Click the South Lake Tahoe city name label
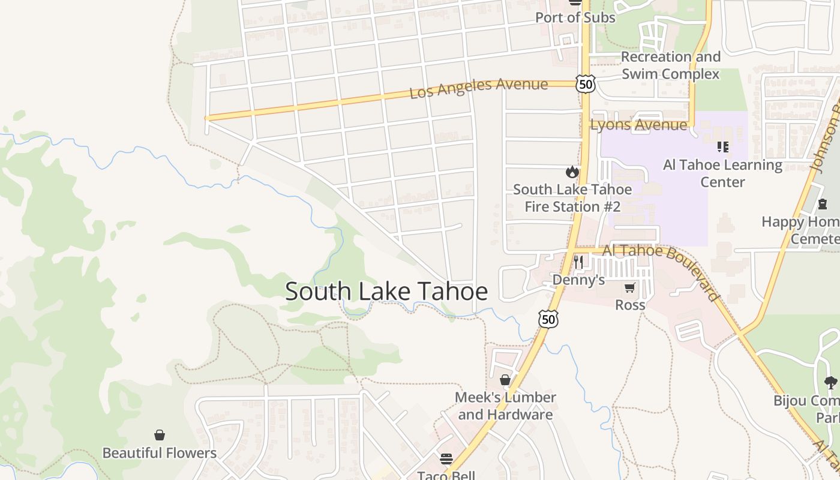[x=386, y=292]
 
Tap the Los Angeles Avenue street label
[x=478, y=88]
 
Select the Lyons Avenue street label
[x=638, y=125]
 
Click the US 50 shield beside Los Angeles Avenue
[x=586, y=84]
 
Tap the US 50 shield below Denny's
[x=548, y=319]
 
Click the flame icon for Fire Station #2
[x=572, y=172]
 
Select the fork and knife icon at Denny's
[x=578, y=262]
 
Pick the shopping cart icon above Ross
[x=629, y=288]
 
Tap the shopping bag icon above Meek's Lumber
[x=505, y=380]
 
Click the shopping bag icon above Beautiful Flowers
[x=160, y=435]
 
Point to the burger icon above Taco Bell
[x=446, y=460]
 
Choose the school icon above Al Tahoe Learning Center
[x=722, y=147]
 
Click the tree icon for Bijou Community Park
[x=830, y=382]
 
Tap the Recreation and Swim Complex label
[x=670, y=65]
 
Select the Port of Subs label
[x=575, y=17]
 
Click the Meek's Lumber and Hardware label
[x=505, y=406]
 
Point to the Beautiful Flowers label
[x=160, y=453]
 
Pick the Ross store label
[x=630, y=305]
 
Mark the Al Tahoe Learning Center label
[x=722, y=173]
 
